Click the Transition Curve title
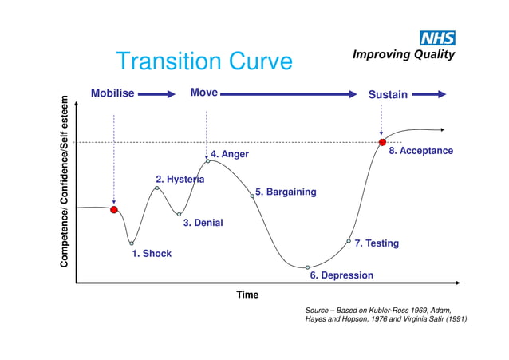coord(204,61)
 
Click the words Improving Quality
coord(404,54)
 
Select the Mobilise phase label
coord(112,93)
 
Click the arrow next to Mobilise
coord(158,94)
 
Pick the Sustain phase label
coord(388,94)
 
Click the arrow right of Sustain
coord(430,94)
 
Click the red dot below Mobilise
coord(114,209)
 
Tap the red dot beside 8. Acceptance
coord(382,142)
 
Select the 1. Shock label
coord(152,254)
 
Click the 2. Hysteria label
coord(180,180)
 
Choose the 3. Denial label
coord(203,224)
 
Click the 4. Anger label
coord(230,154)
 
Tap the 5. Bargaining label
coord(286,192)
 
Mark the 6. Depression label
coord(341,275)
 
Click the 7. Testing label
coord(377,243)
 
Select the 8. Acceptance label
coord(420,151)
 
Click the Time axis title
coord(247,295)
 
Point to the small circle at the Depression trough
coord(307,267)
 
